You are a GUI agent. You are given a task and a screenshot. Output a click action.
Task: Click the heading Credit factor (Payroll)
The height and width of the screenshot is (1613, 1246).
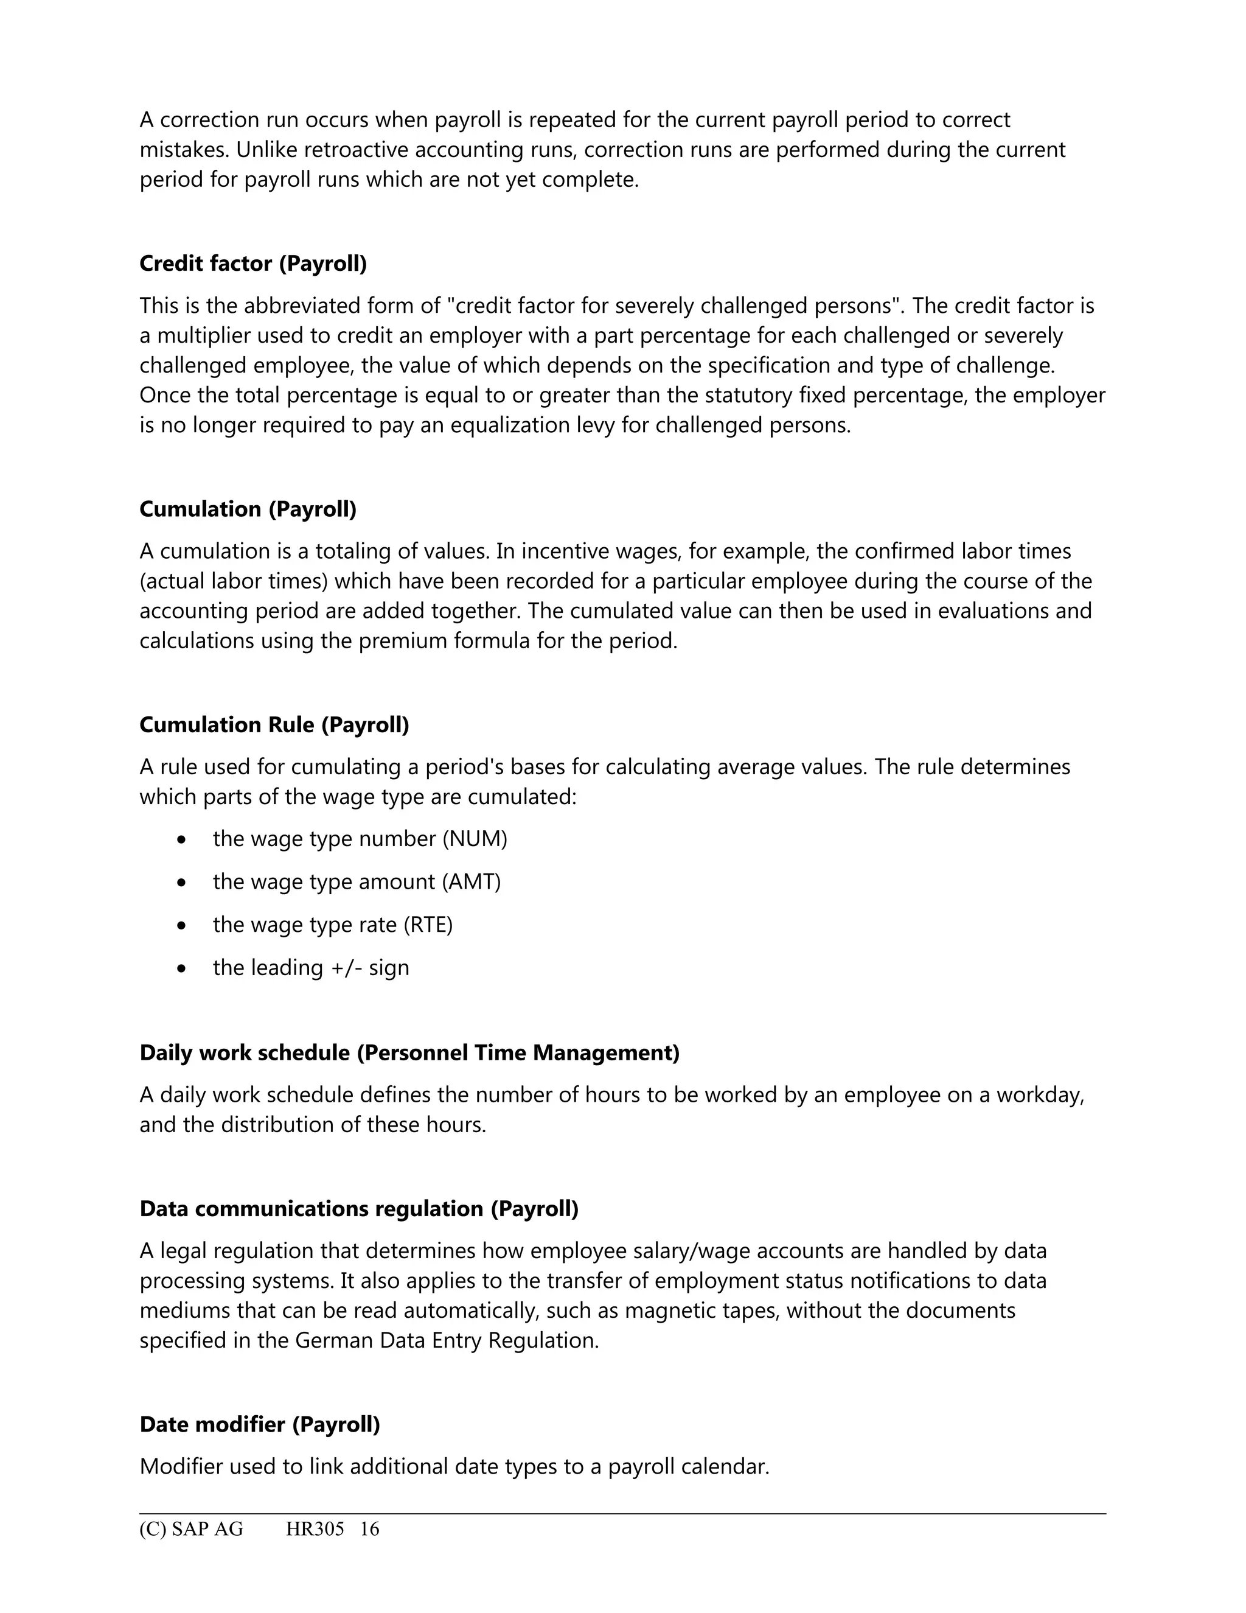(x=252, y=264)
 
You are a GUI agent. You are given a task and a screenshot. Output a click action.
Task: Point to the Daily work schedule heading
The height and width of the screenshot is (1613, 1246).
(x=409, y=1052)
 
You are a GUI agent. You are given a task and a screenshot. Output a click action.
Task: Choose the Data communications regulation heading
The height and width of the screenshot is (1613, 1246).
(x=359, y=1208)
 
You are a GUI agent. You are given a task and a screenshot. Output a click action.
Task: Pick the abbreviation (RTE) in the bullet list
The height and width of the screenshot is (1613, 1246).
(x=428, y=925)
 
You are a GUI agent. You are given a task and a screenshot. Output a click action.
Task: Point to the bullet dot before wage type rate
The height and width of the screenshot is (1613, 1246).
(x=181, y=925)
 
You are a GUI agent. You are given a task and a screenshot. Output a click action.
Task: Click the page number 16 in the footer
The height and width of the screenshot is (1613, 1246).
(x=369, y=1529)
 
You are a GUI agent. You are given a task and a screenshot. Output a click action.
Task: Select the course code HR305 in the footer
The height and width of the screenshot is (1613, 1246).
(x=315, y=1529)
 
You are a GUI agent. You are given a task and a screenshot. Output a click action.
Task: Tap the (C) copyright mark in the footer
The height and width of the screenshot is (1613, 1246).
(x=153, y=1529)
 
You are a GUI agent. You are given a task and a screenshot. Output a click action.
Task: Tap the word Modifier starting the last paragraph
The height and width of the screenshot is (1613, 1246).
(x=181, y=1466)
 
